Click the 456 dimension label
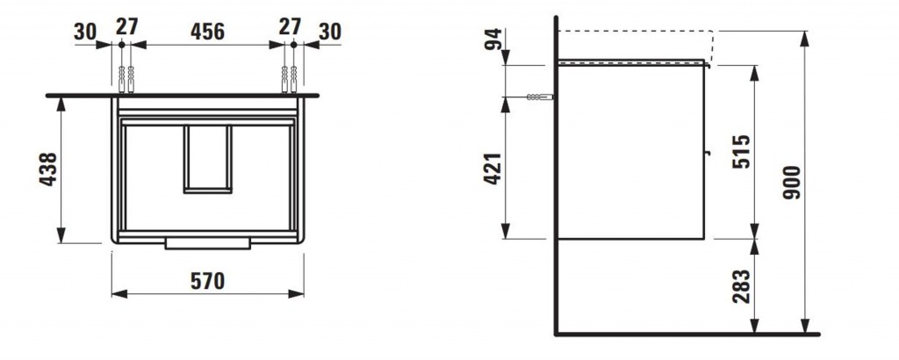[207, 32]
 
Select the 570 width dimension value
[207, 281]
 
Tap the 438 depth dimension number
[48, 169]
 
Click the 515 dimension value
[742, 151]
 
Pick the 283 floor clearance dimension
[742, 286]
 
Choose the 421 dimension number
[493, 169]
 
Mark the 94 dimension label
[493, 39]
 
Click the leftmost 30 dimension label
[85, 32]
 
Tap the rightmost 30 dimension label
[330, 32]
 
